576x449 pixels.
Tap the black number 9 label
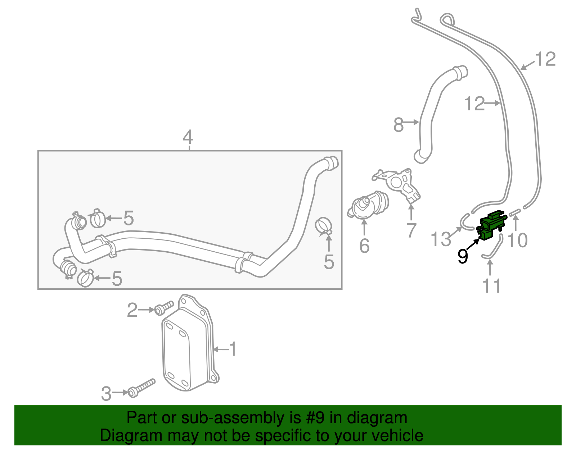pos(463,257)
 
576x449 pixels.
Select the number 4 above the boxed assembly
pos(188,138)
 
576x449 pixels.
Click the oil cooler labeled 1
pos(187,345)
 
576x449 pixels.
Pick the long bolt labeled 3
pos(142,388)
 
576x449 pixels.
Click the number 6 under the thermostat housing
pos(364,246)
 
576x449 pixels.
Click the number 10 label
pos(517,240)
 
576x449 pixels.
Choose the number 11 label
pos(491,286)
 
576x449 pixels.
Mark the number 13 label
pos(441,239)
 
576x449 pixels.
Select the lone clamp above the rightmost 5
pos(323,225)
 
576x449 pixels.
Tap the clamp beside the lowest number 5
pos(86,278)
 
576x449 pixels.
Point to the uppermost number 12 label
pos(545,59)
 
